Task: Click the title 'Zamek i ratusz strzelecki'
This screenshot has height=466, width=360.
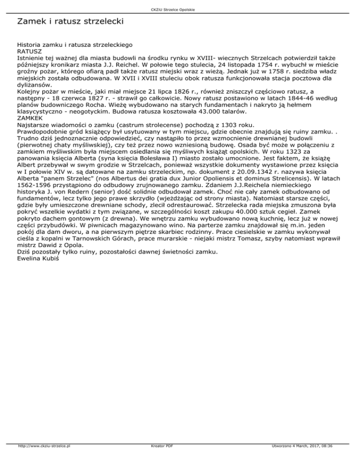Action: click(70, 22)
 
